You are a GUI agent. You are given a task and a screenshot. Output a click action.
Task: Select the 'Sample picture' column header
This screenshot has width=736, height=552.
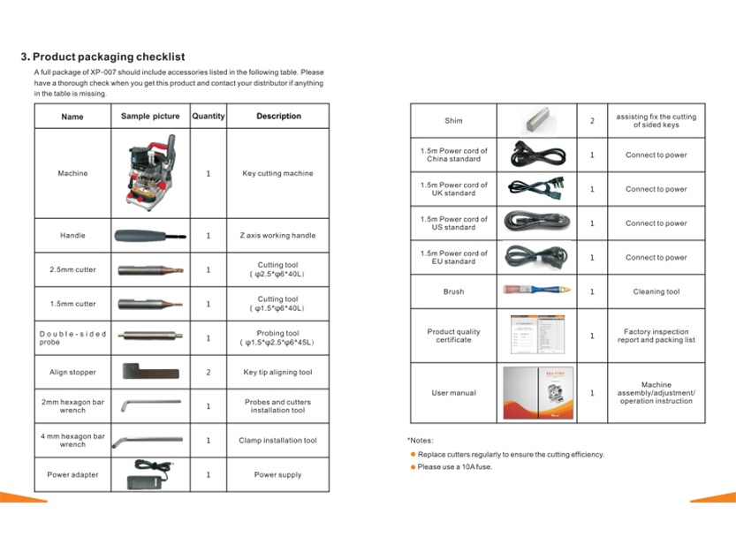(x=150, y=117)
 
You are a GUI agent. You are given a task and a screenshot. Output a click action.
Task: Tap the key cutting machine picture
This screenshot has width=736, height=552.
(x=150, y=174)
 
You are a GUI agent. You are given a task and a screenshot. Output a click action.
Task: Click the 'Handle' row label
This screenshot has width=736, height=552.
(x=72, y=236)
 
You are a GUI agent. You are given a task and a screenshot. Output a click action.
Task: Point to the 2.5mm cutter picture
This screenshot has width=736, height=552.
(x=150, y=269)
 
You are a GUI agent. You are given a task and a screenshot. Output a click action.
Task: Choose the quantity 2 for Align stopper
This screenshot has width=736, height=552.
(x=209, y=373)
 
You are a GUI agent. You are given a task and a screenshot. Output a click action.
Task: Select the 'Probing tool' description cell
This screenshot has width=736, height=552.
(x=278, y=338)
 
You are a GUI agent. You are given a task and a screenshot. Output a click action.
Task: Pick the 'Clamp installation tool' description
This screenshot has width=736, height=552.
(x=277, y=441)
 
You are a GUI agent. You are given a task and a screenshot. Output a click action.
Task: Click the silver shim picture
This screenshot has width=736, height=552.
(x=536, y=120)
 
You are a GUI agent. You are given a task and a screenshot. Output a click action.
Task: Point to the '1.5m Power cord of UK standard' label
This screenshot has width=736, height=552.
(x=453, y=189)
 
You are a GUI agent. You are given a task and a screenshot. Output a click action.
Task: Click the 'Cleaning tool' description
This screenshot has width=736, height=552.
(x=656, y=291)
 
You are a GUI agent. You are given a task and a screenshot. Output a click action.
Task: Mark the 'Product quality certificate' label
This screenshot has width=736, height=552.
(x=453, y=336)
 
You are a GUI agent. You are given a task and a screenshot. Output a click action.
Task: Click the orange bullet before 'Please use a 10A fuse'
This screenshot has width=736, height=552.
(x=413, y=467)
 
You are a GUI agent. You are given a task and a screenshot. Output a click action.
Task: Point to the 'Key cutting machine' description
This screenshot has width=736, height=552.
(x=277, y=174)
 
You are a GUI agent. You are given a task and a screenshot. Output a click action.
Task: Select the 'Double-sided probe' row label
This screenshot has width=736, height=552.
(x=72, y=338)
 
